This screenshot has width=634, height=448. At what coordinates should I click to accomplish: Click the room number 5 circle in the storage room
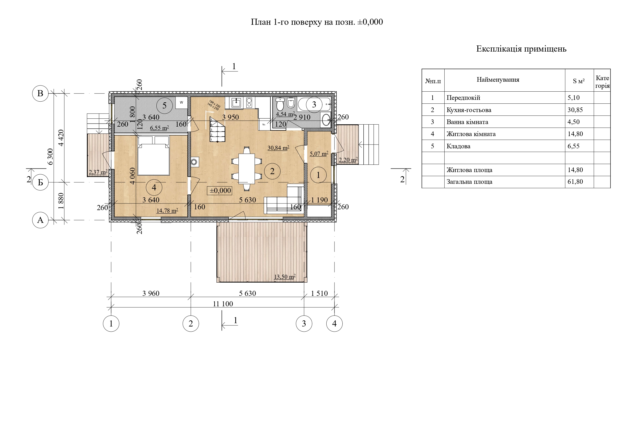click(164, 105)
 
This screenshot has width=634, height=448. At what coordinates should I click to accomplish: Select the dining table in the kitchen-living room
click(247, 168)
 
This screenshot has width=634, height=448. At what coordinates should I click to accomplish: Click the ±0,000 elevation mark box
click(220, 191)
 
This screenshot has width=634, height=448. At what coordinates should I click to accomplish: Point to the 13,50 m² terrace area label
click(285, 277)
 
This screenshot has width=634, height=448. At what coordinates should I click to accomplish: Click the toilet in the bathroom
click(280, 104)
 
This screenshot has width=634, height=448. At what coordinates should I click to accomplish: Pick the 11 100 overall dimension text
click(223, 304)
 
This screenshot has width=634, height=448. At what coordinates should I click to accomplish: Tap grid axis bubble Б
click(40, 182)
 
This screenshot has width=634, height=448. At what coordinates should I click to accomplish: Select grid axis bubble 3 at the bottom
click(304, 324)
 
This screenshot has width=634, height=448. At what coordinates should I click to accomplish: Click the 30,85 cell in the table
click(575, 110)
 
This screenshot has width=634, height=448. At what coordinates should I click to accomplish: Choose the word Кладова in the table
click(458, 146)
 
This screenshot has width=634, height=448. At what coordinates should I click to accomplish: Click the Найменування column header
click(498, 80)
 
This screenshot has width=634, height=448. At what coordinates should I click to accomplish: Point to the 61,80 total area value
click(575, 182)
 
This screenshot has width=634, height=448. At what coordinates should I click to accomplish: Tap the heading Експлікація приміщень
click(521, 49)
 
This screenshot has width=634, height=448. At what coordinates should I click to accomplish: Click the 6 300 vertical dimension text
click(50, 156)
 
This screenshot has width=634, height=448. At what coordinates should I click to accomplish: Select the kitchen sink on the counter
click(236, 103)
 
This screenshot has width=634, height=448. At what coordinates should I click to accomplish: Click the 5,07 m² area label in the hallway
click(319, 154)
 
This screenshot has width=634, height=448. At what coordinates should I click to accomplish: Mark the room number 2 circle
click(272, 171)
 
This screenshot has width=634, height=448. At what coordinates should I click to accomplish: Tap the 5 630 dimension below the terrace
click(247, 293)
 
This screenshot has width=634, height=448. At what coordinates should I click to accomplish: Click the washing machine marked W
click(181, 102)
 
